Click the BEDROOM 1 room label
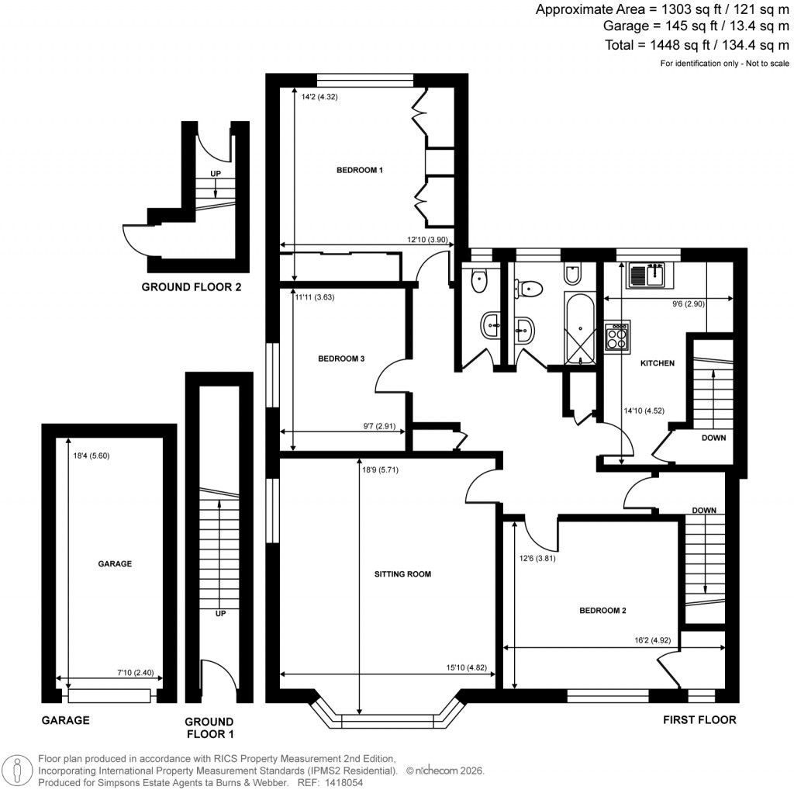pos(359,170)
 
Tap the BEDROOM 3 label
pos(341,359)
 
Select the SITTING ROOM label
pos(402,575)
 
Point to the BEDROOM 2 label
pos(603,611)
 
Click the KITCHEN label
pos(657,363)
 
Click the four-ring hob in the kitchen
pos(617,336)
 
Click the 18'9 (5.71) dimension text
pos(382,469)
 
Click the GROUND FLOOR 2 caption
pos(191,287)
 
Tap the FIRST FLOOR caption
pos(699,720)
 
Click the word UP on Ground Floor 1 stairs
pos(220,613)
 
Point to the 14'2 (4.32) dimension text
pos(318,97)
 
